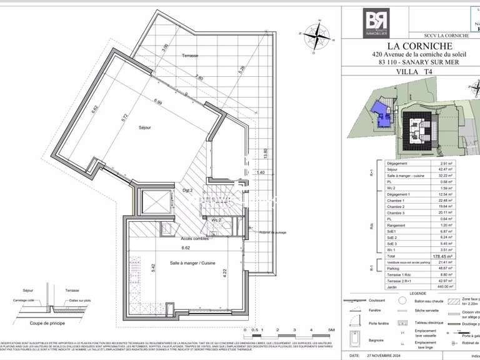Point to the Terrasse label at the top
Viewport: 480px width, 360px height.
pyautogui.click(x=190, y=56)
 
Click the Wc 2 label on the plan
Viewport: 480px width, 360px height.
pyautogui.click(x=215, y=219)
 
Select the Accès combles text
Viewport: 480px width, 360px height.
pyautogui.click(x=194, y=239)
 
